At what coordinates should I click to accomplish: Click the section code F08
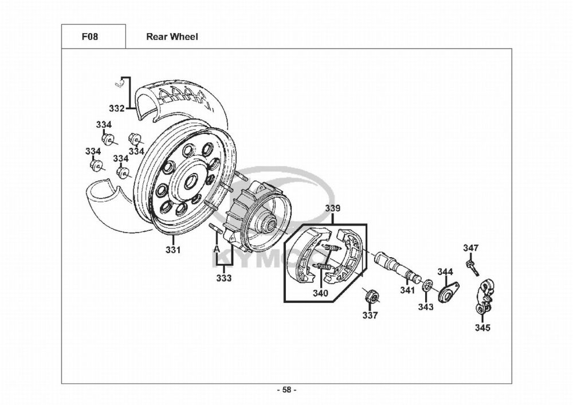pos(89,37)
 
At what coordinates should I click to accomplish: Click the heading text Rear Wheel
pos(172,37)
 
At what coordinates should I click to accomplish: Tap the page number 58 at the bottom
pos(286,390)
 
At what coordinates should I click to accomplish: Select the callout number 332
pos(117,108)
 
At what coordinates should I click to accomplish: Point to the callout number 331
pos(173,250)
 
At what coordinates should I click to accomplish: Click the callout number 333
pos(224,278)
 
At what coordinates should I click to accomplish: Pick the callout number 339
pos(333,209)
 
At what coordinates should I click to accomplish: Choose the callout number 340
pos(320,293)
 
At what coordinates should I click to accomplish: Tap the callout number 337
pos(370,315)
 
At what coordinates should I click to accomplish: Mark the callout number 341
pos(407,290)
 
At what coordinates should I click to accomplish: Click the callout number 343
pos(426,307)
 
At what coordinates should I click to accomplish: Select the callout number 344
pos(445,272)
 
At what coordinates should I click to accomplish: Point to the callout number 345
pos(482,328)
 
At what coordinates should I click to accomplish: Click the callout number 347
pos(471,247)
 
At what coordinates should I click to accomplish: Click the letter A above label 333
pos(217,249)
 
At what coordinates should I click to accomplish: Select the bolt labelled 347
pos(472,267)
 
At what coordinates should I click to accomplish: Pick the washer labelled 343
pos(427,285)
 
